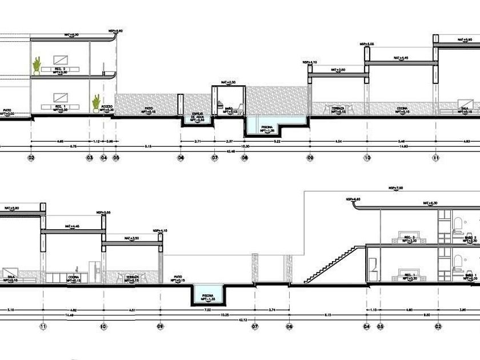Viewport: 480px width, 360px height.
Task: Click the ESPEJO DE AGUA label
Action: coord(198,114)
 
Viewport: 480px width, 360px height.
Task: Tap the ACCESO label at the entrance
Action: coord(107,107)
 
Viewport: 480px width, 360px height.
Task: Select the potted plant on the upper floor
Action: coord(37,66)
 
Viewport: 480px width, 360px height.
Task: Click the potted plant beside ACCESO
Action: coord(96,102)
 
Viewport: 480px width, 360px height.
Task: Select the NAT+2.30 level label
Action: coord(227,83)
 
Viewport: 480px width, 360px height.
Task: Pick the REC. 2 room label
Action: coord(61,70)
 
